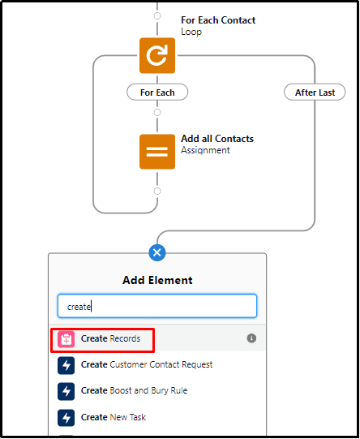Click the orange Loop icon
pyautogui.click(x=157, y=55)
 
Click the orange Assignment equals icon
pyautogui.click(x=157, y=152)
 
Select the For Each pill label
pyautogui.click(x=157, y=93)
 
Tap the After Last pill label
pyautogui.click(x=315, y=93)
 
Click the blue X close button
pyautogui.click(x=157, y=252)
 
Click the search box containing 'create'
pyautogui.click(x=157, y=306)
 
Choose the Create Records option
pyautogui.click(x=110, y=338)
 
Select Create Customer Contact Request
pyautogui.click(x=147, y=364)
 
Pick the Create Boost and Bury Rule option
pyautogui.click(x=134, y=390)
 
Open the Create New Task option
pyautogui.click(x=114, y=417)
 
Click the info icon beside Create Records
pyautogui.click(x=251, y=338)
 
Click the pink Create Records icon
pyautogui.click(x=66, y=339)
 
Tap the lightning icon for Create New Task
pyautogui.click(x=66, y=418)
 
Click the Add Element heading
pyautogui.click(x=157, y=280)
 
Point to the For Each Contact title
pyautogui.click(x=218, y=20)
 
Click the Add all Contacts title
pyautogui.click(x=217, y=139)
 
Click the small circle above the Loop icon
pyautogui.click(x=157, y=15)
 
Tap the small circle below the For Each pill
pyautogui.click(x=157, y=112)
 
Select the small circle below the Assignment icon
pyautogui.click(x=157, y=191)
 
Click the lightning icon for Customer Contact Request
pyautogui.click(x=66, y=365)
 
